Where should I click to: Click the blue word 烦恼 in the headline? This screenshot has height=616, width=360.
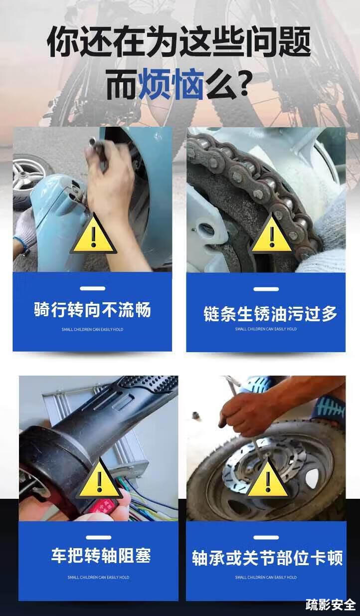coord(171,84)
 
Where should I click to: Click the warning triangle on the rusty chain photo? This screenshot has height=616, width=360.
coord(272,234)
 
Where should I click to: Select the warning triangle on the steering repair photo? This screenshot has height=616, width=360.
coord(93,234)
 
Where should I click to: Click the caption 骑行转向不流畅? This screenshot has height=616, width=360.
coord(92,310)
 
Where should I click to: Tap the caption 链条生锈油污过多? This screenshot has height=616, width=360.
coord(270,314)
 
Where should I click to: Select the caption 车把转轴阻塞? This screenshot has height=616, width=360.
coord(101,555)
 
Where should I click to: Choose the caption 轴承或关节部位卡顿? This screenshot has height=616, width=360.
coord(267,558)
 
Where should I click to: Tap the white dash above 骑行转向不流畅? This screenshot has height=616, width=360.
coord(93,288)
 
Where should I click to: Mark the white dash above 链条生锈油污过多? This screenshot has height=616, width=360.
coord(266,289)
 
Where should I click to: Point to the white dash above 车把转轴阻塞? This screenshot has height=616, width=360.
coord(98,538)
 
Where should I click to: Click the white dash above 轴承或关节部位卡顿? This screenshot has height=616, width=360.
coord(266,538)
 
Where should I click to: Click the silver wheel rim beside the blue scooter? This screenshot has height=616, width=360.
coord(27,172)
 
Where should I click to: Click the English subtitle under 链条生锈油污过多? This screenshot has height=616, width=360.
coord(266,329)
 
